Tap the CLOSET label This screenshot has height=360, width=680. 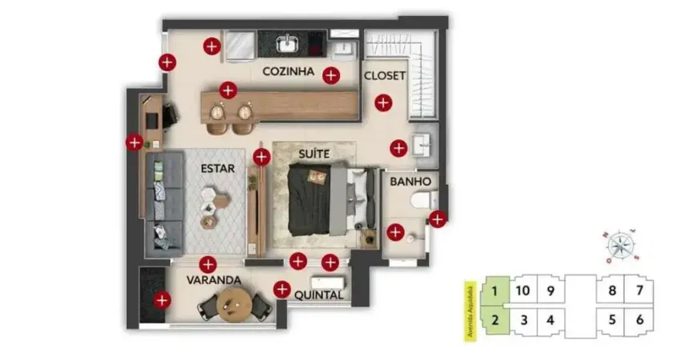click(x=385, y=76)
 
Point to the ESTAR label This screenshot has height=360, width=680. click(x=218, y=168)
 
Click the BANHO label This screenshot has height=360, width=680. click(x=411, y=182)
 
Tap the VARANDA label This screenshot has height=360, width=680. click(x=214, y=281)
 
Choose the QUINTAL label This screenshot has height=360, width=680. click(x=319, y=295)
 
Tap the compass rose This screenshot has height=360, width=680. click(x=620, y=243)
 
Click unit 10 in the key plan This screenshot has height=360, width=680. click(x=523, y=290)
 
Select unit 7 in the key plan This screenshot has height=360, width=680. click(x=639, y=290)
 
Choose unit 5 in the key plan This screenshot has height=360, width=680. click(x=612, y=321)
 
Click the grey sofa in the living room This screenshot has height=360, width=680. click(x=166, y=200)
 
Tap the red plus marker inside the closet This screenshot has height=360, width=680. click(x=383, y=102)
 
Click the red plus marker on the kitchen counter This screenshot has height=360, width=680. click(x=228, y=90)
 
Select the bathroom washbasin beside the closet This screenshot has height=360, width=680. click(x=422, y=145)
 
